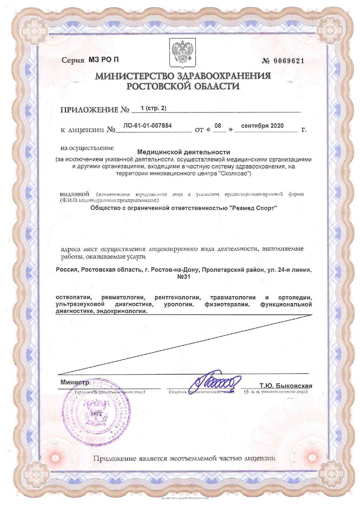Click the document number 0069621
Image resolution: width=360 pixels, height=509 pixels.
(288, 61)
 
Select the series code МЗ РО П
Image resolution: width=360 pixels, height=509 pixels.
(104, 60)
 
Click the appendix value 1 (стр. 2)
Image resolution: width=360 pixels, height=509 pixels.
(153, 108)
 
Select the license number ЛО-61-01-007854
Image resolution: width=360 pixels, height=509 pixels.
(147, 126)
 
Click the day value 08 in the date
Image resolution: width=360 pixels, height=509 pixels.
(218, 126)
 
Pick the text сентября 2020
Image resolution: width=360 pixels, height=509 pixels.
(262, 126)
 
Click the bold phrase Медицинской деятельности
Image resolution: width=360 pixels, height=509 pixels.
(184, 152)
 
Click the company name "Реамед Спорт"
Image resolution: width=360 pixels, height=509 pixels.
(253, 208)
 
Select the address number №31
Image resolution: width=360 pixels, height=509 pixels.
(184, 277)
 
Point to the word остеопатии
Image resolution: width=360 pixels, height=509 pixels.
(74, 298)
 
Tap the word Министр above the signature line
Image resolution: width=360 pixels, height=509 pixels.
(75, 382)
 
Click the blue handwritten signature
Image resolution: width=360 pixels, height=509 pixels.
(214, 382)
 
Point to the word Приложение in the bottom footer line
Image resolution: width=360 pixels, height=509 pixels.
(114, 458)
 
